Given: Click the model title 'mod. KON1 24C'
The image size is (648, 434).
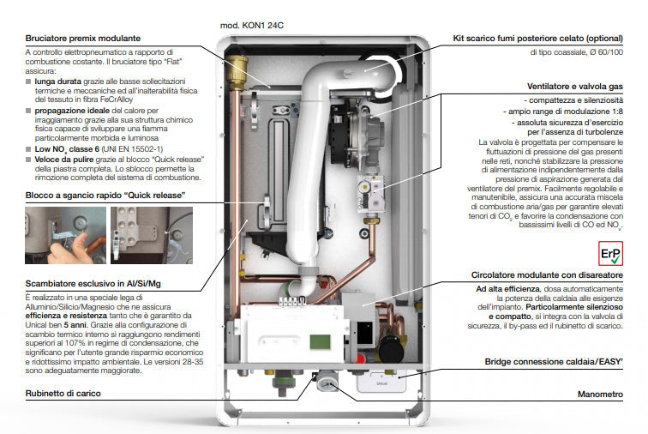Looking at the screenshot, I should pos(251,25).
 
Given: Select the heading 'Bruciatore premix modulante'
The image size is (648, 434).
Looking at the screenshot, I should pos(82,39).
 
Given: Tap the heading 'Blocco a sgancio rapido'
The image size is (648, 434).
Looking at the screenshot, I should pos(105,196).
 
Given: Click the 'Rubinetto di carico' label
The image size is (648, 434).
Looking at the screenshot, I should pos(63,393).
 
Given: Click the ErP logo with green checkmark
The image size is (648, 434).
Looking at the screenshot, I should pos(609,254).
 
